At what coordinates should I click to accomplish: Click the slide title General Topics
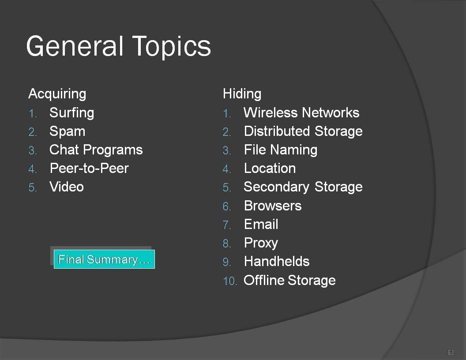coord(119,46)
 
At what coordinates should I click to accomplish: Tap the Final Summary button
coord(104,259)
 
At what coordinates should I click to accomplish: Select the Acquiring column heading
coord(57,94)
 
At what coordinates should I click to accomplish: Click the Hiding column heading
coord(242,94)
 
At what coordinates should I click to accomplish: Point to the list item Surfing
coord(72,113)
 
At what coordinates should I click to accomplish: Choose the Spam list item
coord(68,131)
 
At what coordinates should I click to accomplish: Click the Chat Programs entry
coord(96,150)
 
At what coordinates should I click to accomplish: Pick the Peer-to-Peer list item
coord(89,169)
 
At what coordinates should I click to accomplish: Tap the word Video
coord(67,187)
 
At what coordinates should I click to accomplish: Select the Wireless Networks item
coord(301,113)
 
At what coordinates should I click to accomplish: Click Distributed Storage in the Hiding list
coord(303,131)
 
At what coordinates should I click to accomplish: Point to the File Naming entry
coord(281,150)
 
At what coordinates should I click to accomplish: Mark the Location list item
coord(270,169)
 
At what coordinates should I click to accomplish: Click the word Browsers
coord(273,206)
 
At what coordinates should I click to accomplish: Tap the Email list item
coord(261,224)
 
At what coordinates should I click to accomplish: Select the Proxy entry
coord(261,243)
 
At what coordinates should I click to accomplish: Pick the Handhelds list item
coord(277,262)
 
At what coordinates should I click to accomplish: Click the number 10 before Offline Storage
coord(230,281)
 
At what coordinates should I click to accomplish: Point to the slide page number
coord(451,352)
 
